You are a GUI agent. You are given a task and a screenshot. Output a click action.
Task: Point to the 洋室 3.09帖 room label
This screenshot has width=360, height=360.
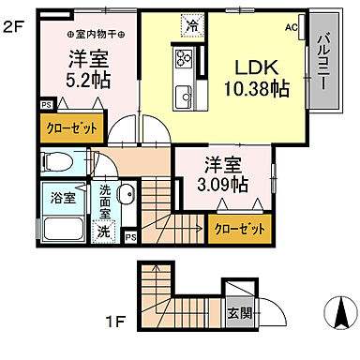pos(221,175)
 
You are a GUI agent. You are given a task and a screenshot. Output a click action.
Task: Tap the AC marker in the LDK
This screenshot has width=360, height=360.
pos(291,27)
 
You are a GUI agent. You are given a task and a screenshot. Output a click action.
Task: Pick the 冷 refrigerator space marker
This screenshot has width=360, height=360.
pos(191,26)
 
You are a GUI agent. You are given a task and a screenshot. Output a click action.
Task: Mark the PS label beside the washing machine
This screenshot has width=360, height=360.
pos(130,237)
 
